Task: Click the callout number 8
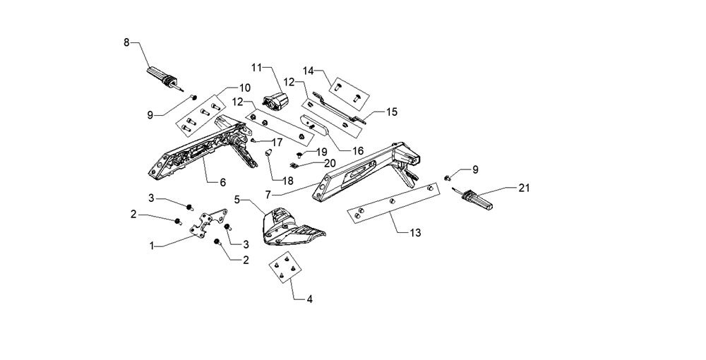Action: tap(127, 42)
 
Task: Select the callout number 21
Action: tap(523, 188)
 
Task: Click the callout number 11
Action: tap(256, 67)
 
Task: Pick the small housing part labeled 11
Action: tap(278, 100)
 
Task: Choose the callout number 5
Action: tap(238, 200)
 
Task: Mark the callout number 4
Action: tap(309, 299)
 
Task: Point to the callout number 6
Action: tap(222, 182)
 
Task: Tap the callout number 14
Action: tap(309, 71)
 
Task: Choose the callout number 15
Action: tap(391, 111)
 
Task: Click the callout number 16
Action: tap(358, 150)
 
